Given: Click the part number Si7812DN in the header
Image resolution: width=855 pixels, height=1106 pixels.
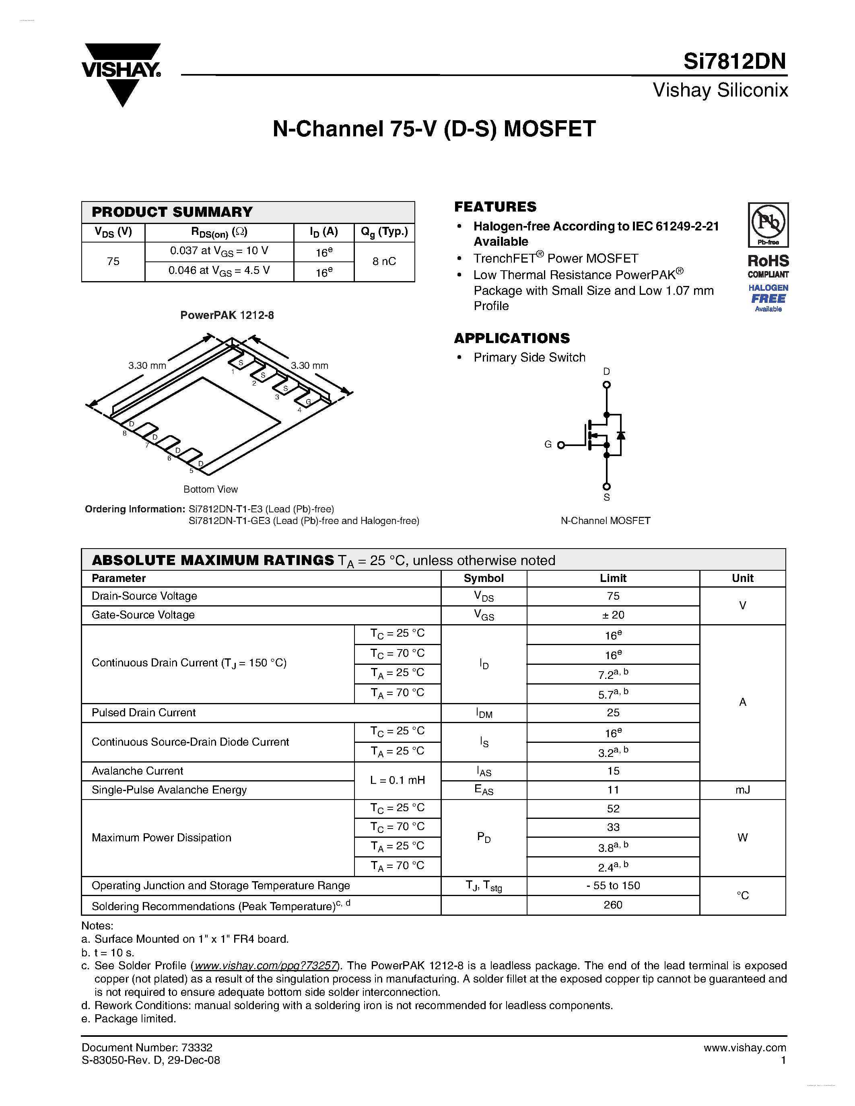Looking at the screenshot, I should (734, 61).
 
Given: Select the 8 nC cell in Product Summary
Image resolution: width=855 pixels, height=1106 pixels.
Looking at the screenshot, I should (384, 261).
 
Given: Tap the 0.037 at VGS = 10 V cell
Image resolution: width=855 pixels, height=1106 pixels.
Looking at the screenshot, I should (219, 251).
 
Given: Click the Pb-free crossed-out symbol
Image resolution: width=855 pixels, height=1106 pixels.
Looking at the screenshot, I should (768, 223).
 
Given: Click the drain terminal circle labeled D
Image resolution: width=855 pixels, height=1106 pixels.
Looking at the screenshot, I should (606, 384).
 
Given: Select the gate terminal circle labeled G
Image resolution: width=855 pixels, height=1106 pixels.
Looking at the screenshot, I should (561, 445).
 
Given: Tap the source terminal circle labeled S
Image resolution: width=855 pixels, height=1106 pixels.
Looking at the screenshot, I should (606, 486).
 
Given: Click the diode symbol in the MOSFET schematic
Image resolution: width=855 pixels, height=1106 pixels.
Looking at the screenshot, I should (620, 435).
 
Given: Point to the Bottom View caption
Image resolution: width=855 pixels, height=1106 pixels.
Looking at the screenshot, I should (210, 489).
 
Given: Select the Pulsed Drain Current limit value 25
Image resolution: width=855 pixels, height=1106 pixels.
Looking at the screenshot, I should (613, 713).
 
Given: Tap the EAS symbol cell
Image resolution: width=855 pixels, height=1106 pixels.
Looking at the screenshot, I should (483, 790).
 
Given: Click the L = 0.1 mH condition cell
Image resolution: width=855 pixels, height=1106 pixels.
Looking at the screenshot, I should (397, 780).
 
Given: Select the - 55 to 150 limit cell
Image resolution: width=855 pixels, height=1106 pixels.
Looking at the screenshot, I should (613, 885).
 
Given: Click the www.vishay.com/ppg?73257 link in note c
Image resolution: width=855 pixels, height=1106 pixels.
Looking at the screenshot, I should (266, 965).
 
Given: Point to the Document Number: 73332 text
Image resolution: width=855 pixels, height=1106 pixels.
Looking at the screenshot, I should (147, 1047).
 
